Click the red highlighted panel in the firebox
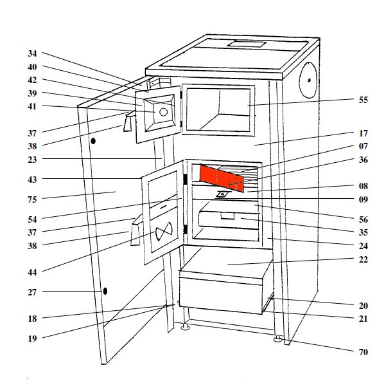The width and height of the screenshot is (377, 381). pos(222,178)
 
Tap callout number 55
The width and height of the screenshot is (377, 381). pos(363,100)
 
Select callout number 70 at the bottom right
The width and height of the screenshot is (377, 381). pos(363,352)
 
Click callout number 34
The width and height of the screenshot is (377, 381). pos(32,53)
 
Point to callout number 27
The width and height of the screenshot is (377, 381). pos(32,292)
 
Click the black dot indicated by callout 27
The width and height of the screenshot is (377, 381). pos(105,291)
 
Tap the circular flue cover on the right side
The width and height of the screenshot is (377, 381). pos(308,80)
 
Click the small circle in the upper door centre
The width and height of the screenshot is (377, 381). pos(163,112)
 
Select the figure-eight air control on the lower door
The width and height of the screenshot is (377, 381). pos(164,231)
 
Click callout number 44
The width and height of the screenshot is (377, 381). pos(32,272)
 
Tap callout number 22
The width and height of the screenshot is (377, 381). pos(363,259)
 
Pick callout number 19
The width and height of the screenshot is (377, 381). pos(32,339)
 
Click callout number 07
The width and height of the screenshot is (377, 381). pos(363,146)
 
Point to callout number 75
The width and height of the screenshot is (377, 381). pos(32,200)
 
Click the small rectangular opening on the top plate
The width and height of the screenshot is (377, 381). pos(247,44)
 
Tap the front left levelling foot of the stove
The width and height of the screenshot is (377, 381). pos(186,327)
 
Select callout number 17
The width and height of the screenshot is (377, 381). pos(363,133)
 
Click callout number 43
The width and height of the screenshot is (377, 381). pos(32,180)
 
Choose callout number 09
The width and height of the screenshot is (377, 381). pos(363,200)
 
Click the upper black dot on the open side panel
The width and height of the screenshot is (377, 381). pos(93,141)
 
